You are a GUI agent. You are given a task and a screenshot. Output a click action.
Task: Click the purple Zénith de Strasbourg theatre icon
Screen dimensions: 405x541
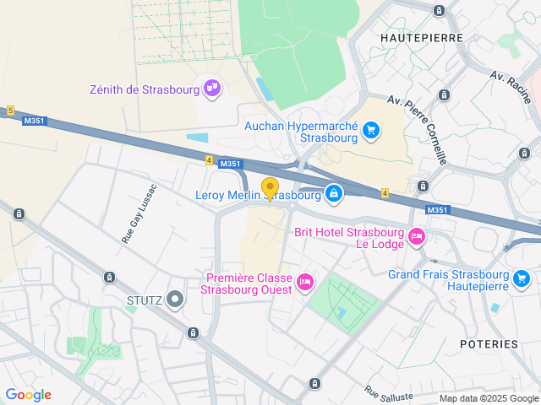(x=212, y=87)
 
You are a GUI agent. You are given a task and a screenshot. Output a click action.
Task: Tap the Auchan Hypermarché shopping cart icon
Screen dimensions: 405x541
(x=370, y=130)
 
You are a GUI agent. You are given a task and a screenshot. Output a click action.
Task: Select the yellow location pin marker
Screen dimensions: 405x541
(x=270, y=188)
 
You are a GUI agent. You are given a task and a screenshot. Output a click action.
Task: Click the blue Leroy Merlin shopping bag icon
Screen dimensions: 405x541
(x=334, y=194)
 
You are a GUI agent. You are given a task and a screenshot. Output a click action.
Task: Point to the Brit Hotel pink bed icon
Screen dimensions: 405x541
(x=416, y=237)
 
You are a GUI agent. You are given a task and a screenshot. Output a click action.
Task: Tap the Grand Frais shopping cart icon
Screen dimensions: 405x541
(x=522, y=277)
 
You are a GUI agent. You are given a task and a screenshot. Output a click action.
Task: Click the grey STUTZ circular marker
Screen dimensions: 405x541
(x=175, y=298)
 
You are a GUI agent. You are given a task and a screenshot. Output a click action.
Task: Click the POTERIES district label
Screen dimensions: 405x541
(x=489, y=344)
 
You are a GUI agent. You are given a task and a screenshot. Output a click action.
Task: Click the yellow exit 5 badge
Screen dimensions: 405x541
(x=10, y=111)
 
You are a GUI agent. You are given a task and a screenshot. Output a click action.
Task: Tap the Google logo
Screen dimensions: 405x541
(x=28, y=394)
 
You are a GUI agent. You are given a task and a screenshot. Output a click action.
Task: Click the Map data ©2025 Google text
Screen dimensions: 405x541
(x=488, y=398)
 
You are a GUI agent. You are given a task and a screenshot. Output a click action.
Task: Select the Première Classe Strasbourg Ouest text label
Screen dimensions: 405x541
(x=247, y=283)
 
